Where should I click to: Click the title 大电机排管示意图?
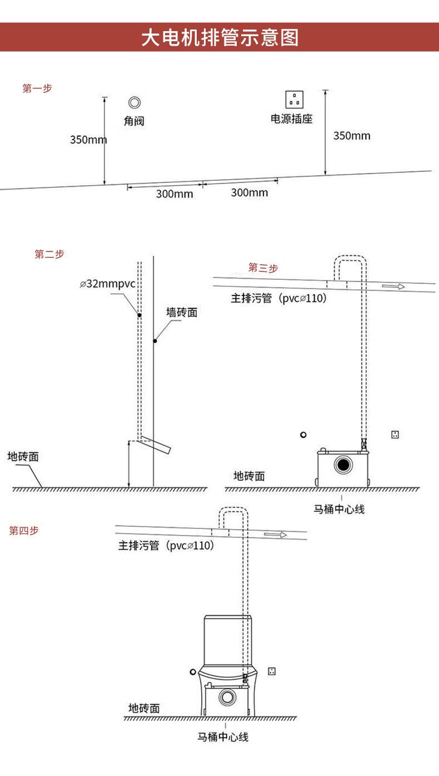tap(219, 38)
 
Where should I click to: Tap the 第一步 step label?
tap(37, 88)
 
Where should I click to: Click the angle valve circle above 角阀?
tap(134, 102)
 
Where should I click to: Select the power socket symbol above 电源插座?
tap(294, 100)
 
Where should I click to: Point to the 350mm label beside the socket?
tap(352, 136)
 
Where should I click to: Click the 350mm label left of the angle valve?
tap(88, 140)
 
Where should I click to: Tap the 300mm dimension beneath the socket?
tap(249, 192)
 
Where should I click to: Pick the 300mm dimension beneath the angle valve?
tap(174, 194)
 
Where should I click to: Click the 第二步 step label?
tap(49, 254)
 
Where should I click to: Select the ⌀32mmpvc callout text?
tap(107, 284)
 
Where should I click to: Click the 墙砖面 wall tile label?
tap(182, 313)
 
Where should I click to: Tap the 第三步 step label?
tap(263, 268)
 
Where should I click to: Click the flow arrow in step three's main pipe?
tap(393, 286)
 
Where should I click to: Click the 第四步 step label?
tap(24, 531)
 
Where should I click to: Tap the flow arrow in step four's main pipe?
tap(275, 535)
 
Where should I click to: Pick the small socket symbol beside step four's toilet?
tap(272, 671)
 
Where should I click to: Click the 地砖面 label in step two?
tap(23, 457)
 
